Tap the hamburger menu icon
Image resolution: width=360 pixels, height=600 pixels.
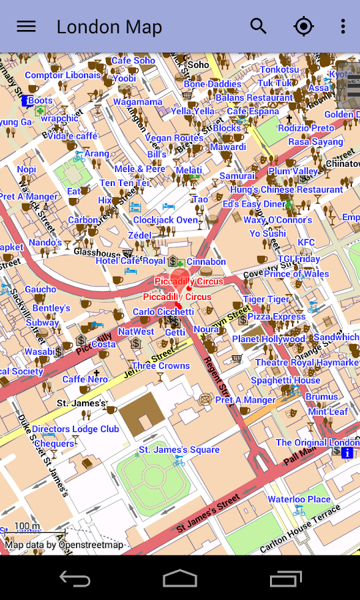[x=26, y=27]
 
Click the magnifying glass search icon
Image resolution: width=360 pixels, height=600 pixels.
[x=258, y=27]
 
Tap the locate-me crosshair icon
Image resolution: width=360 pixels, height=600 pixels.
[x=303, y=27]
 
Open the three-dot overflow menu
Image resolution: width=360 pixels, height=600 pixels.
[x=343, y=27]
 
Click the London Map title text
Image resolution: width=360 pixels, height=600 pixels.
[x=109, y=27]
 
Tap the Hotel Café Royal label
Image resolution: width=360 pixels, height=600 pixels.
[x=130, y=261]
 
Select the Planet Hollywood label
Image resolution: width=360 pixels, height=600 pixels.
[x=268, y=339]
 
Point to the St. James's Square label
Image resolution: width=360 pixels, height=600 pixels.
[x=179, y=450]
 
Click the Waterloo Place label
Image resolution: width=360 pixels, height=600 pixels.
[x=299, y=499]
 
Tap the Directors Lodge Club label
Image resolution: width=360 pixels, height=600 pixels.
[x=75, y=429]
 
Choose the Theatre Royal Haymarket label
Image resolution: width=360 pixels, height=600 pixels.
[x=307, y=363]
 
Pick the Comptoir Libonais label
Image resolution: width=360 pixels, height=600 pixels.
[x=63, y=75]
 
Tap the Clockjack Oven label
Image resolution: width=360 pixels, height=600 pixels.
[x=165, y=220]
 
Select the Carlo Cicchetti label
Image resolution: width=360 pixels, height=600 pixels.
[x=163, y=312]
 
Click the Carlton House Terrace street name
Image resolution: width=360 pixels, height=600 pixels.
[x=300, y=529]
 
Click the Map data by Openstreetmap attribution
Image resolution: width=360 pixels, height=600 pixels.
[x=64, y=545]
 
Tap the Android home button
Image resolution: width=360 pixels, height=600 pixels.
[x=180, y=578]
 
